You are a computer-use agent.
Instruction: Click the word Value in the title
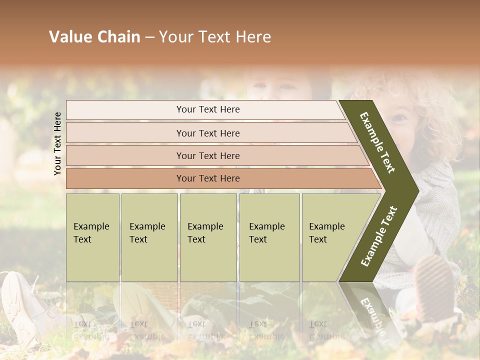tap(69, 37)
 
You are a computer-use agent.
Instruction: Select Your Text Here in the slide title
tap(215, 37)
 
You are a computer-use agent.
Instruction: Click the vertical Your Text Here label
tap(57, 143)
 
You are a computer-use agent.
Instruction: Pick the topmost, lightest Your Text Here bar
tap(207, 109)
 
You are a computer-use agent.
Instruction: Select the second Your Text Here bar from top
tap(207, 133)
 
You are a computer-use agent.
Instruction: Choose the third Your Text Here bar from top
tap(207, 155)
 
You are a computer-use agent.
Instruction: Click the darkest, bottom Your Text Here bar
tap(207, 178)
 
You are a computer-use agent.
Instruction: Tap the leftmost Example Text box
tap(92, 237)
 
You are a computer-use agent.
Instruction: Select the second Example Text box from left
tap(149, 237)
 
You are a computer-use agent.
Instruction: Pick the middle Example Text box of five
tap(208, 237)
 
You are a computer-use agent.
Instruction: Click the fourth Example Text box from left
tap(269, 237)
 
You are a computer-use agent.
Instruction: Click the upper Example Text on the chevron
tap(378, 143)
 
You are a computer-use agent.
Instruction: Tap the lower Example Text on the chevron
tap(379, 236)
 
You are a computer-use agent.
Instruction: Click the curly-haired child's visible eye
tap(399, 118)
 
